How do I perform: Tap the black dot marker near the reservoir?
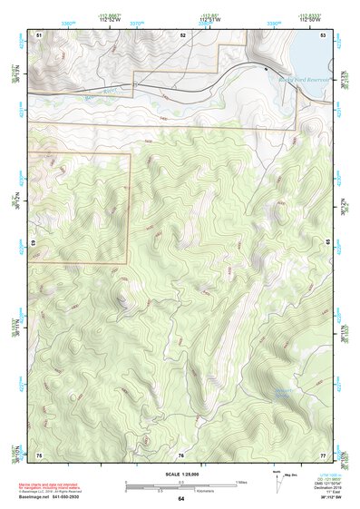266,69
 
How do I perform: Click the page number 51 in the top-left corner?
39,34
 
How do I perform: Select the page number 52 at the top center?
182,34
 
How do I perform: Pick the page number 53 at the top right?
323,34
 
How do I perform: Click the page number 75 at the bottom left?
39,454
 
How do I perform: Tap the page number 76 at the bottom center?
181,454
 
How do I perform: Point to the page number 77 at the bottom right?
323,454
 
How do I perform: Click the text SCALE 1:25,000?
180,474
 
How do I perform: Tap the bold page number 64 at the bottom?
180,499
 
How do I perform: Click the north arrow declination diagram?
277,479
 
